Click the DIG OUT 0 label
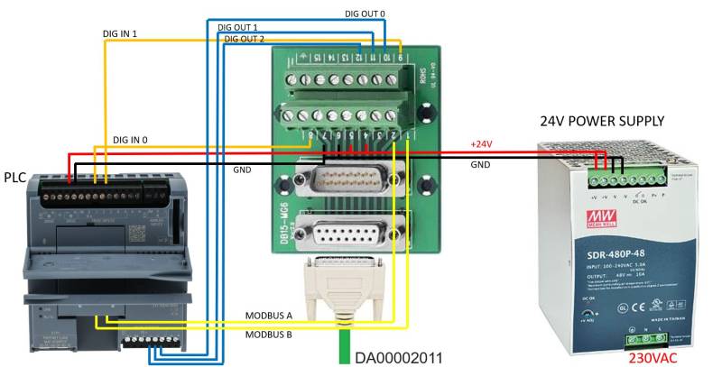click(x=365, y=14)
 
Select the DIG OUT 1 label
click(x=237, y=28)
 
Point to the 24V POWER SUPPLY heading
click(x=602, y=121)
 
